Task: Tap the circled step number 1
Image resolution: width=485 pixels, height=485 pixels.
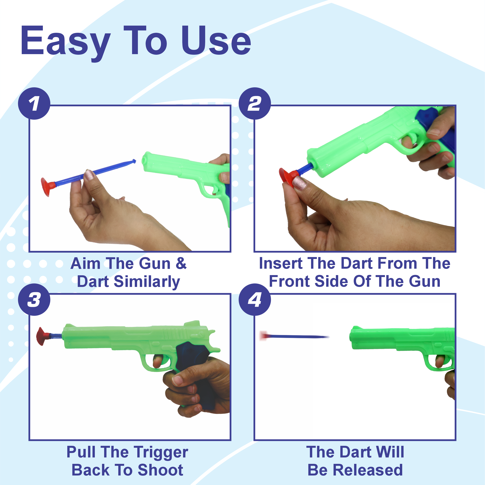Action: pyautogui.click(x=34, y=103)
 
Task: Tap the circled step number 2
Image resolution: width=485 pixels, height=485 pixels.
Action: pyautogui.click(x=255, y=103)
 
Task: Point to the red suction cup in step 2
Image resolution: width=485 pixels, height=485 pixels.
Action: pyautogui.click(x=287, y=177)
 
